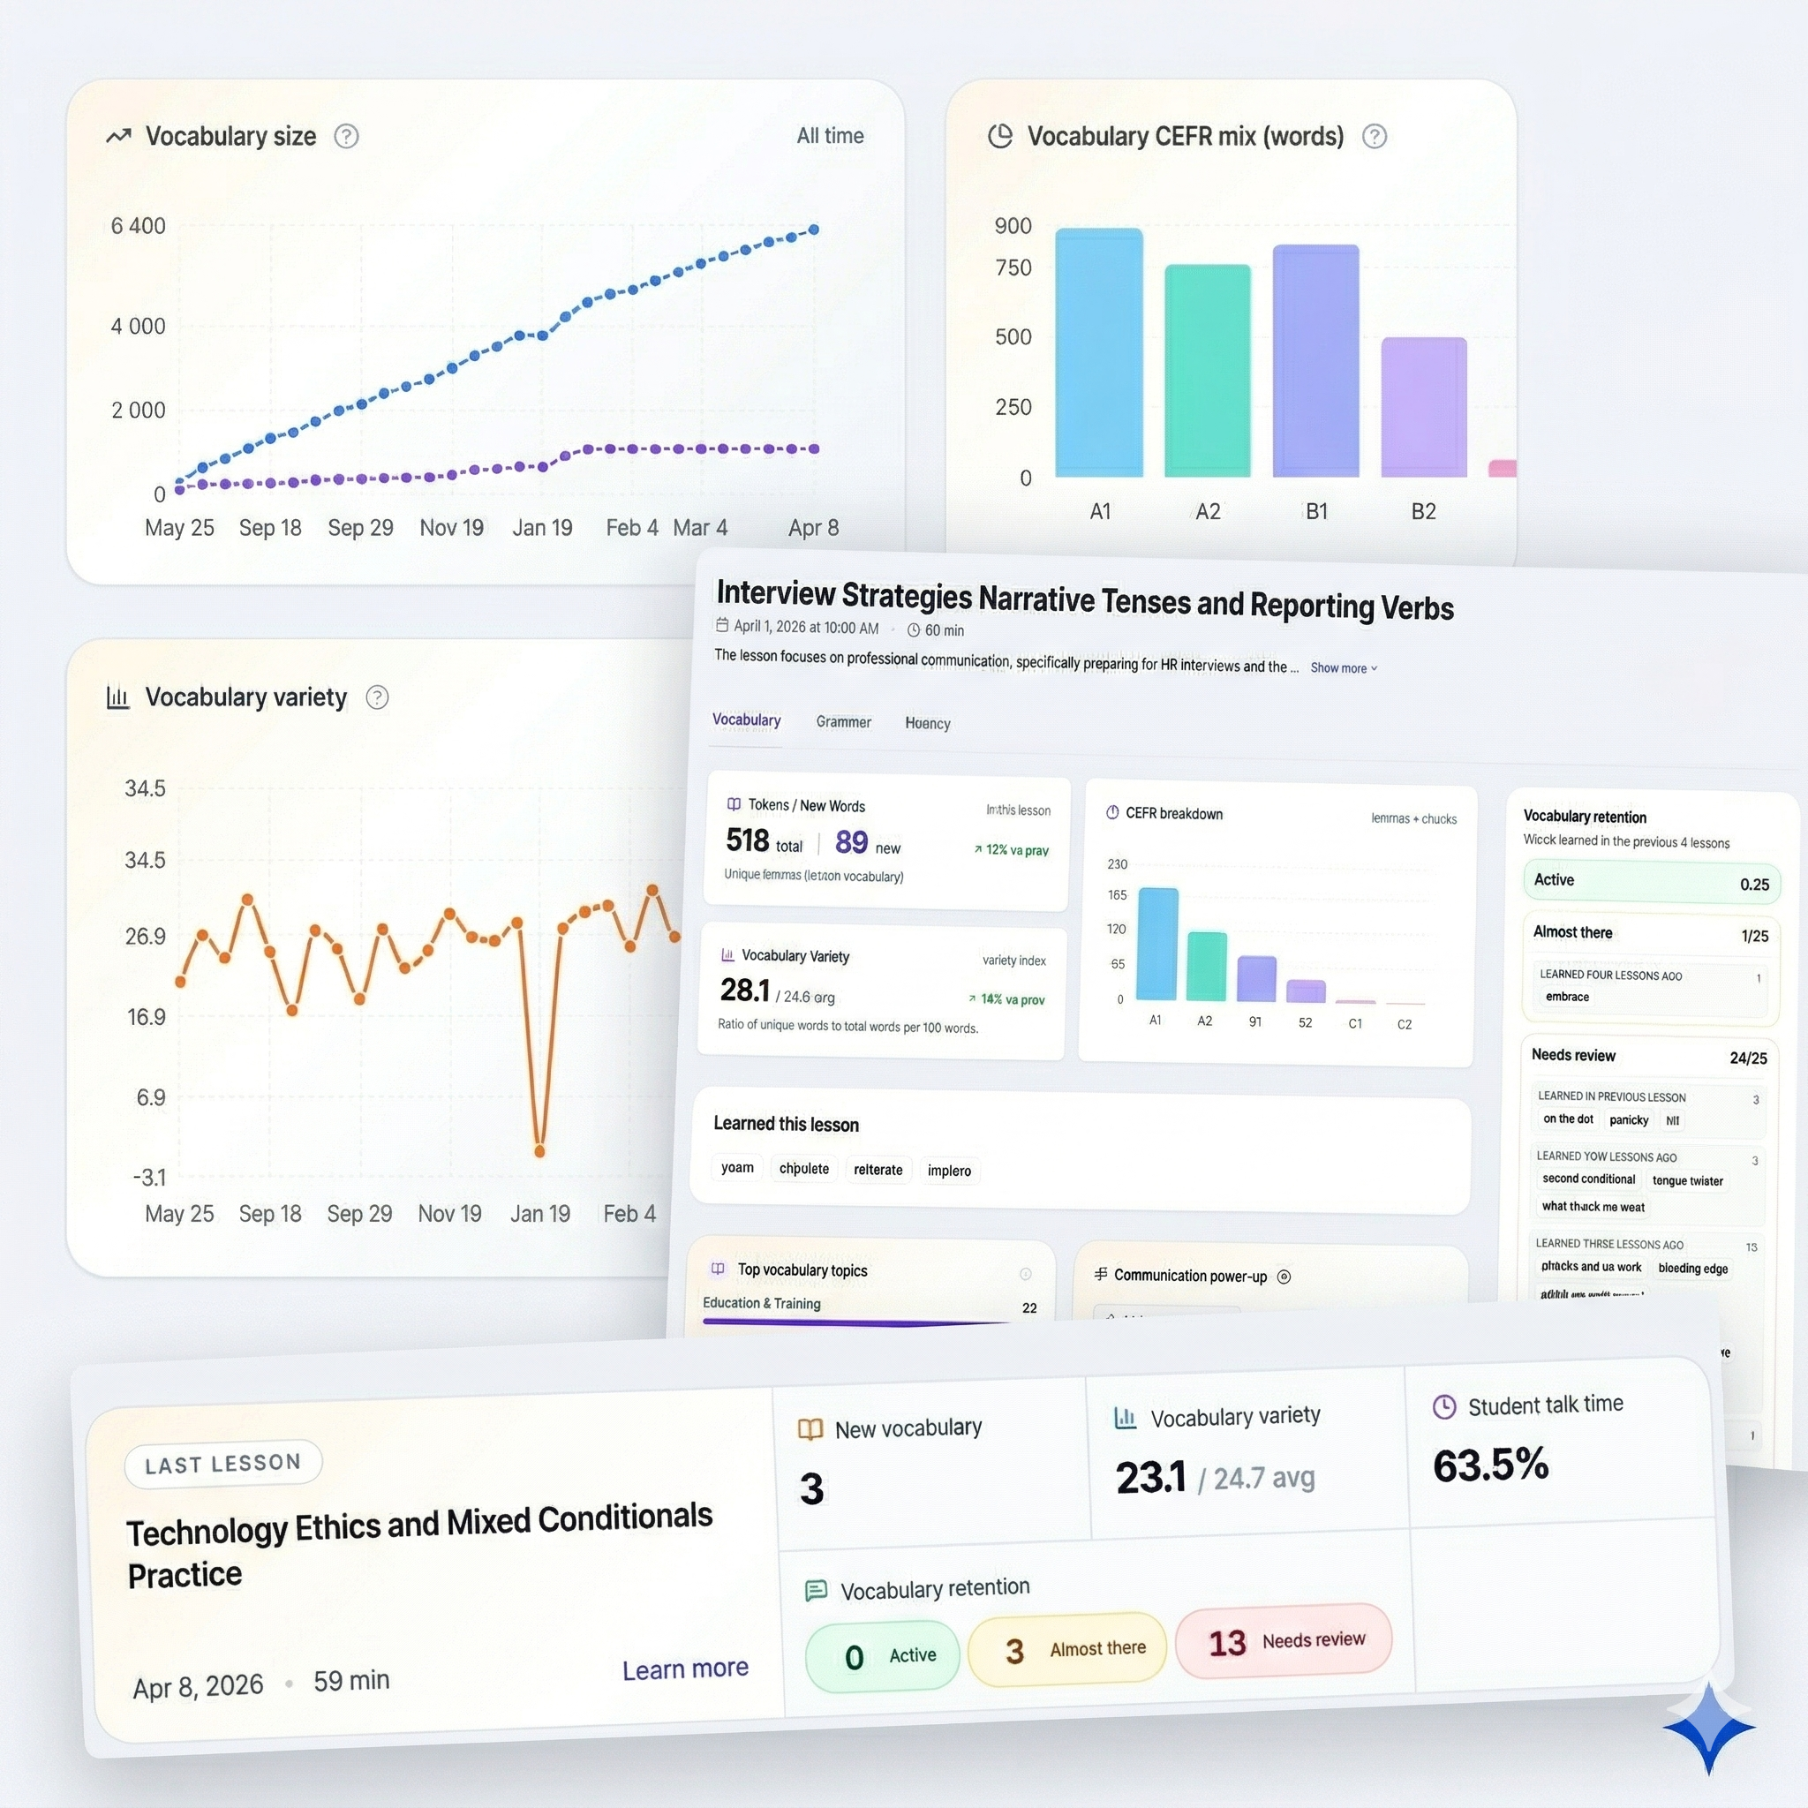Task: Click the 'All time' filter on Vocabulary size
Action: [x=829, y=136]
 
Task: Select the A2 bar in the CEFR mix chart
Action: [x=1207, y=371]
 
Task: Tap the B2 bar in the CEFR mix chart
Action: [x=1423, y=407]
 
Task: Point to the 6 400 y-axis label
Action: [x=138, y=225]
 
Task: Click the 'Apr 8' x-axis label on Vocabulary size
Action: [x=812, y=528]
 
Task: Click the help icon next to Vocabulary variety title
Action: [x=377, y=697]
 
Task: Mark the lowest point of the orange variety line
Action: [x=539, y=1151]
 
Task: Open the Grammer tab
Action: [x=843, y=721]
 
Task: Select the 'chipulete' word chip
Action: [x=804, y=1169]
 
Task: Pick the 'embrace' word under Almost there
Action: [x=1568, y=997]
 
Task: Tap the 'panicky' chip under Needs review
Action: [x=1628, y=1120]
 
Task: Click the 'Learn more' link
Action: [x=685, y=1669]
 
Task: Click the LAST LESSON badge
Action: [x=222, y=1464]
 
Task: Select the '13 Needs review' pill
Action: [x=1283, y=1641]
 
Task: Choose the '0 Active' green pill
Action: [x=883, y=1656]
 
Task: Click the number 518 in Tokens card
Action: [x=747, y=840]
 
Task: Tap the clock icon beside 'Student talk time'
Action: [x=1444, y=1406]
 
